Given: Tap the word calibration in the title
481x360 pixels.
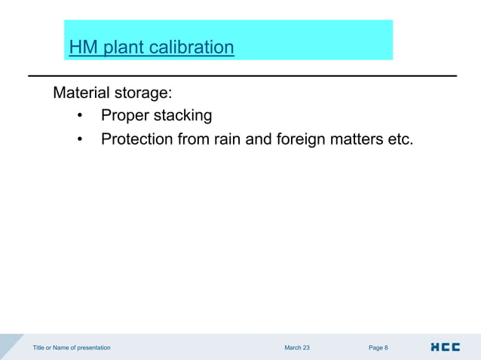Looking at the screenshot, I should click(x=191, y=48).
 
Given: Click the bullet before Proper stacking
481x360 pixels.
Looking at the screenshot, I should click(x=80, y=117).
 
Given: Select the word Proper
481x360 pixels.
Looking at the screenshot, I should click(x=126, y=117).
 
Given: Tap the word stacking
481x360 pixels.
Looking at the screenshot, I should click(x=183, y=117).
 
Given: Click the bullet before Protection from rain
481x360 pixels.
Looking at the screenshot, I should click(x=80, y=140).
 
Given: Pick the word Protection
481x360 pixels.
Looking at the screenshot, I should click(x=141, y=140).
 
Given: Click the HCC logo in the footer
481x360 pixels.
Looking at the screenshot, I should click(x=445, y=347).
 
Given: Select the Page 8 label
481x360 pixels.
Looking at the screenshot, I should click(x=378, y=348).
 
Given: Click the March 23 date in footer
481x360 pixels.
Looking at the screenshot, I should click(x=296, y=348).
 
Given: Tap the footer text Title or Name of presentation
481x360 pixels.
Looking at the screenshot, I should click(x=72, y=348).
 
